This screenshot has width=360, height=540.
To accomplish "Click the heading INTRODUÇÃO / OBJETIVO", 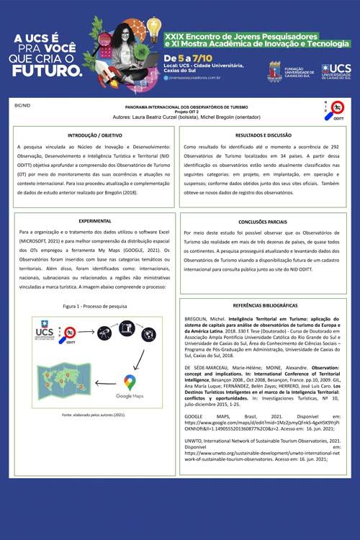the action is [94, 135].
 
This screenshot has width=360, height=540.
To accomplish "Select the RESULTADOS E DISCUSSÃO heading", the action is [263, 135].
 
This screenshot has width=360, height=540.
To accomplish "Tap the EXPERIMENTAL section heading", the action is [94, 220].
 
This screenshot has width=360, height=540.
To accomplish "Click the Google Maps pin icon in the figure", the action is [130, 382].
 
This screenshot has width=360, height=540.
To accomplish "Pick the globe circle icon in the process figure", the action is [148, 333].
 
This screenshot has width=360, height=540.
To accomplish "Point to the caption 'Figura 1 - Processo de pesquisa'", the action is [94, 306].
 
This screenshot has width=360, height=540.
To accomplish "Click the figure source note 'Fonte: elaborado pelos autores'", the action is [94, 415].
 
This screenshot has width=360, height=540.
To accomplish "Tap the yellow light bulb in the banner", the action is [153, 27].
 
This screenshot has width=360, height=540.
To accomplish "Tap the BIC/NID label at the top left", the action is [22, 105].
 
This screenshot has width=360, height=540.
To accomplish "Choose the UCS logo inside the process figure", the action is [44, 333].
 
